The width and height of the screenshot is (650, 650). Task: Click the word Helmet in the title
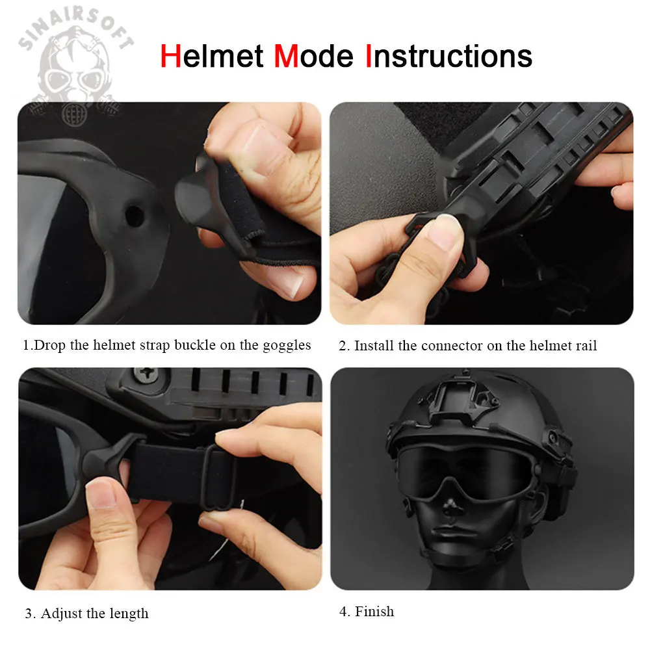212,56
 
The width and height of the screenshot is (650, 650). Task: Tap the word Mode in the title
314,56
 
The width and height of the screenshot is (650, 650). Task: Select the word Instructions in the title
449,56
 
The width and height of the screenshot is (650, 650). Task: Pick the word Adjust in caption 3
61,614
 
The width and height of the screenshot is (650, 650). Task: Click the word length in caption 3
129,614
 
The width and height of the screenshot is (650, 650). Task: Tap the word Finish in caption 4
374,612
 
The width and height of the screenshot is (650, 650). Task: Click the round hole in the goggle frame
134,216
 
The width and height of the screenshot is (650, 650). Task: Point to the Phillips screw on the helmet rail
146,375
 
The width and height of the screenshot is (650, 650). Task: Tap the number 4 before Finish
343,612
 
